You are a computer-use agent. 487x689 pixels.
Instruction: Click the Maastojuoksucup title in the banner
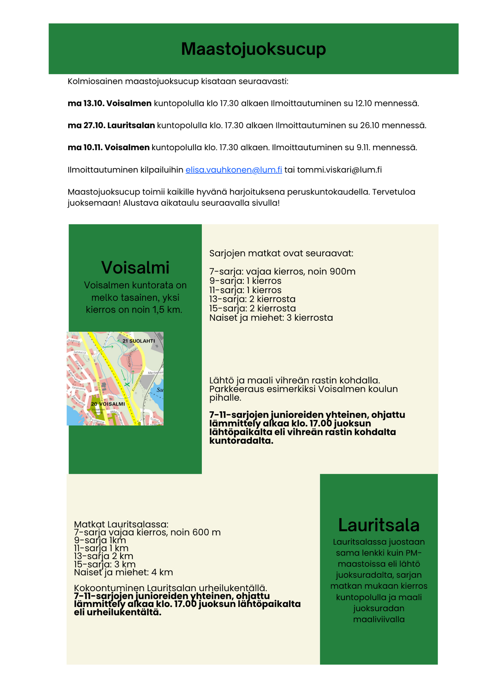(x=253, y=49)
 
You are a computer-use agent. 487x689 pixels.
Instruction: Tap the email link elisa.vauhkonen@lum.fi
(x=233, y=170)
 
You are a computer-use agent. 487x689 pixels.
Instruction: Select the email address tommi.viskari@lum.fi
(x=339, y=170)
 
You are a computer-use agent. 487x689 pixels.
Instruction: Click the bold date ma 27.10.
(x=86, y=125)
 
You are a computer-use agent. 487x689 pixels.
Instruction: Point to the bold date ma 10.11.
(x=85, y=147)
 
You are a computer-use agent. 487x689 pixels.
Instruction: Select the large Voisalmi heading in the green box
(x=135, y=268)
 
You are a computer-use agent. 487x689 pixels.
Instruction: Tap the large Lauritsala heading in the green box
(x=379, y=525)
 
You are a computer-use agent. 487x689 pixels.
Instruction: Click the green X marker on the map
(x=127, y=384)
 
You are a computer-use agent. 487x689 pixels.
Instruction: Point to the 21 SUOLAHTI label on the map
(x=138, y=341)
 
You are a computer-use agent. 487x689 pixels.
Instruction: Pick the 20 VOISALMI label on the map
(x=108, y=404)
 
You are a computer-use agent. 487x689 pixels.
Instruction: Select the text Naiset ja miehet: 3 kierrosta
(x=271, y=318)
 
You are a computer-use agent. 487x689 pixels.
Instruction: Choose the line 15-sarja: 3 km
(x=105, y=564)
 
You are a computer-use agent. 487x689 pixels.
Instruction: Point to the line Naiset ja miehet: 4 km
(x=123, y=572)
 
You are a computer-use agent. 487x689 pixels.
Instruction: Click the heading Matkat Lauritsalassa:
(x=121, y=524)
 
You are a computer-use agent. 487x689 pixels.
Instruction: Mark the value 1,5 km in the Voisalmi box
(x=168, y=310)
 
